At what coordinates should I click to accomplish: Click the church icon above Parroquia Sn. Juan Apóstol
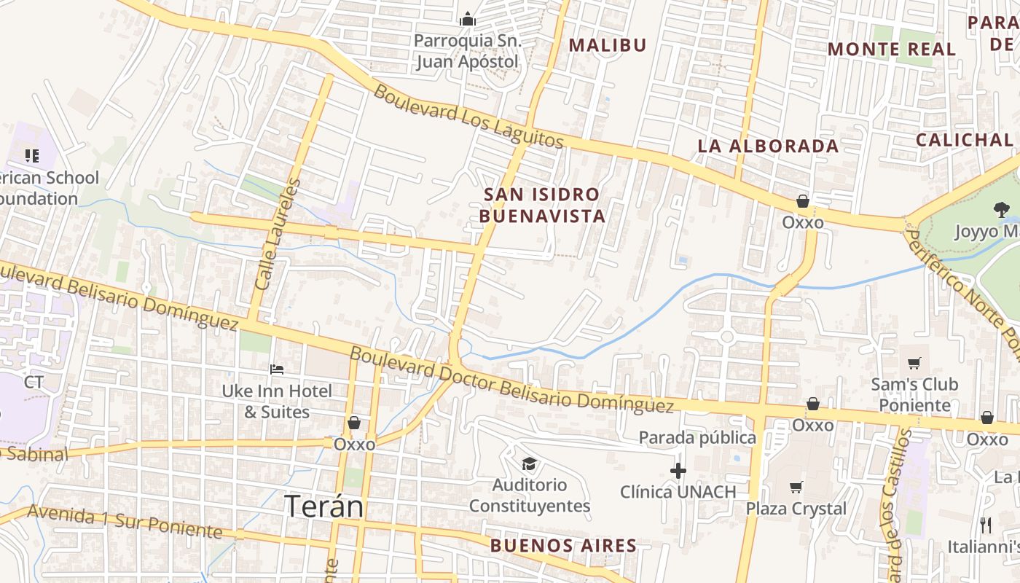pos(467,18)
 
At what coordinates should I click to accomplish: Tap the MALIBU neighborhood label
pos(608,45)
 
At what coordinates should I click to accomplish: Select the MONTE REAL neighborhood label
pos(892,49)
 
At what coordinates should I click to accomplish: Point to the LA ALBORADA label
pos(768,146)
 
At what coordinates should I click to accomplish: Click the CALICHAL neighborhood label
pos(964,140)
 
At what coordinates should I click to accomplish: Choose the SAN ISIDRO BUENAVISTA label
pos(542,206)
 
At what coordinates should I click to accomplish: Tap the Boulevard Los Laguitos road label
pos(469,117)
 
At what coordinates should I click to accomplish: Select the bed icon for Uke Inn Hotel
pos(277,369)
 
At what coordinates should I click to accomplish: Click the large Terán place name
pos(323,506)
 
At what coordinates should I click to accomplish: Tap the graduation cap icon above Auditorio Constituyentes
pos(529,463)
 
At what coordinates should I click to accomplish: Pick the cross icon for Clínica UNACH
pos(678,471)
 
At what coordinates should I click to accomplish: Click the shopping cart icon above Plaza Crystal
pos(796,487)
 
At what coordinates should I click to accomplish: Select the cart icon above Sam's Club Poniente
pos(914,363)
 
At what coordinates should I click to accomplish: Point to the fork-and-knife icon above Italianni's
pos(986,525)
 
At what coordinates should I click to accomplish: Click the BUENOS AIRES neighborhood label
pos(563,545)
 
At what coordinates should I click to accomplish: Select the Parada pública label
pos(697,437)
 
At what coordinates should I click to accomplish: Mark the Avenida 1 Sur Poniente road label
pos(125,522)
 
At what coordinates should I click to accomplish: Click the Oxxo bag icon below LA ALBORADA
pos(803,201)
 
